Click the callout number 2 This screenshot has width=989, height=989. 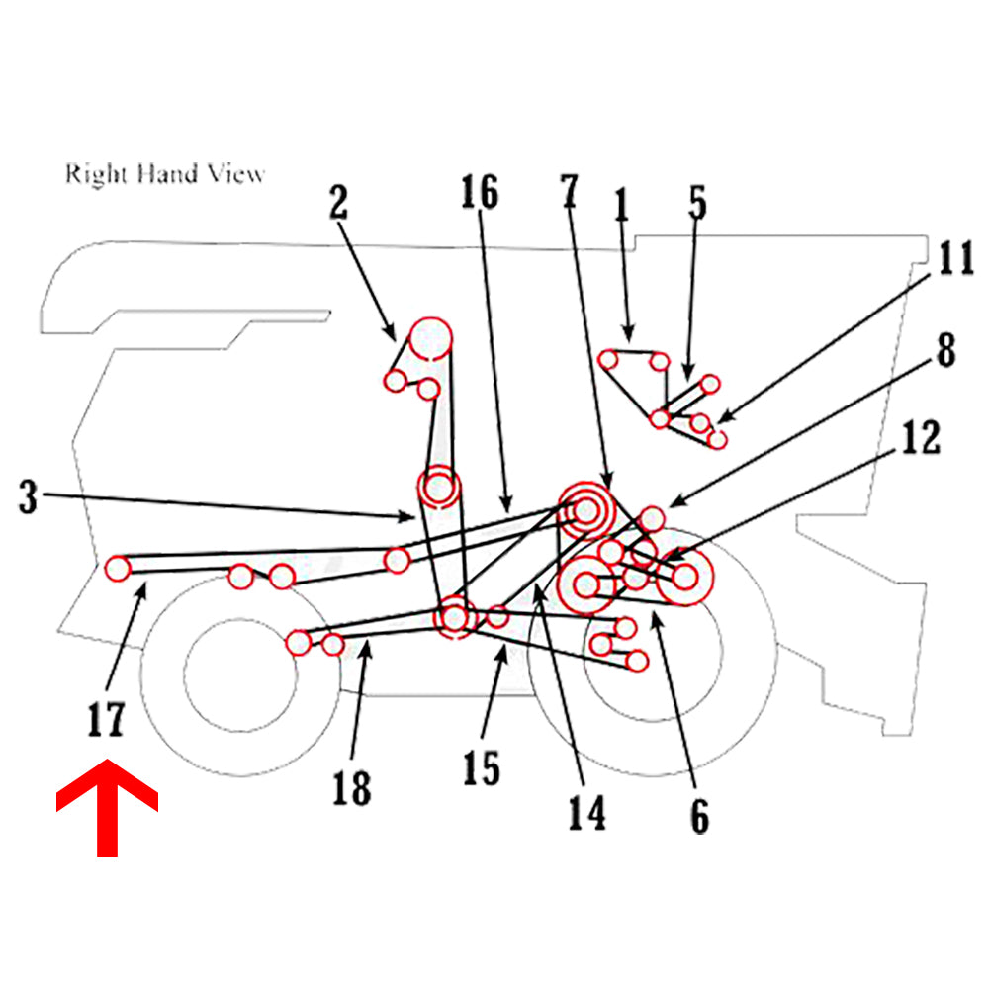(x=338, y=203)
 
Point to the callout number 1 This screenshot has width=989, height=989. (x=621, y=206)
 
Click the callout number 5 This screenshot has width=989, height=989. (x=698, y=203)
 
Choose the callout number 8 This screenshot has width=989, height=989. (x=945, y=351)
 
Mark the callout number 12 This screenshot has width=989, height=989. (x=921, y=437)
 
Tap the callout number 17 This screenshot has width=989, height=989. (x=105, y=720)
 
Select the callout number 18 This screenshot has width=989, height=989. (x=351, y=788)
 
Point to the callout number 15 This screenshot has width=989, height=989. (x=482, y=767)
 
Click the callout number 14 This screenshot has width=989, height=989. (x=585, y=812)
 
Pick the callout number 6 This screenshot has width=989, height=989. (x=700, y=816)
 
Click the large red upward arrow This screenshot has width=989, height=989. (x=107, y=805)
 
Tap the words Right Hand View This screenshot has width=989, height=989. (x=165, y=174)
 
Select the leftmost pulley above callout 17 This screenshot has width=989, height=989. (x=118, y=569)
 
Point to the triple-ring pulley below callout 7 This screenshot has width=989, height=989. (x=585, y=510)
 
